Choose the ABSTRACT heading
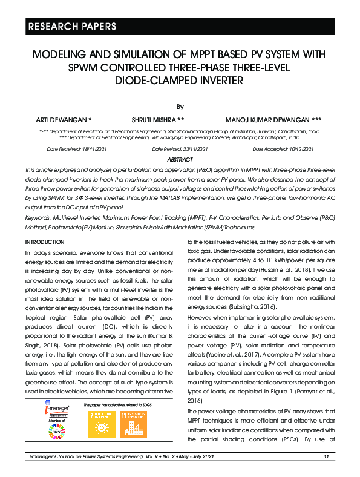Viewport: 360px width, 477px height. pyautogui.click(x=179, y=159)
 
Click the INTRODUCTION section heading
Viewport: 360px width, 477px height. pyautogui.click(x=47, y=242)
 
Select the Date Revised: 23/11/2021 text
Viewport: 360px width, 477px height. pyautogui.click(x=180, y=149)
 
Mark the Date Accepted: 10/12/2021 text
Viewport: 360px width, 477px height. pyautogui.click(x=283, y=149)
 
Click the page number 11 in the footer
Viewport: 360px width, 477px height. pyautogui.click(x=326, y=456)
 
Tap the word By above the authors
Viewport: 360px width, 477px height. pyautogui.click(x=180, y=107)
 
